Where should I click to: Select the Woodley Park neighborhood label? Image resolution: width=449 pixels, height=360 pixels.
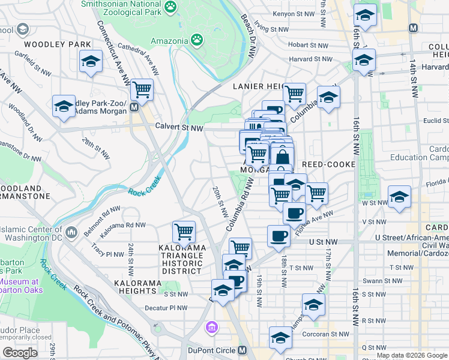(x=57, y=44)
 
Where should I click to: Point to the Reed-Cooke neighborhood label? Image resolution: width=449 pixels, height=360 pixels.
(x=329, y=164)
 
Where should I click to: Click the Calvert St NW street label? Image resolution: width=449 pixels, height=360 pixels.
(x=179, y=127)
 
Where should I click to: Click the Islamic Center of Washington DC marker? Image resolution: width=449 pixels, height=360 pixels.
(x=71, y=232)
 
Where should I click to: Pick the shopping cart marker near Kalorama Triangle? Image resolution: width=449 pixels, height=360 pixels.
(x=184, y=231)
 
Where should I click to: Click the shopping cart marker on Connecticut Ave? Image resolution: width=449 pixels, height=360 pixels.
(x=142, y=89)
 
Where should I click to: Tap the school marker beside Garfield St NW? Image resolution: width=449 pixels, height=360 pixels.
(x=91, y=61)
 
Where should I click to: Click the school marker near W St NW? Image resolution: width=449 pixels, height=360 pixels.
(x=399, y=197)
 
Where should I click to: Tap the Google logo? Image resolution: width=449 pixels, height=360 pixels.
(x=20, y=353)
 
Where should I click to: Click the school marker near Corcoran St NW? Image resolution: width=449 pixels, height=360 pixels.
(x=280, y=338)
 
